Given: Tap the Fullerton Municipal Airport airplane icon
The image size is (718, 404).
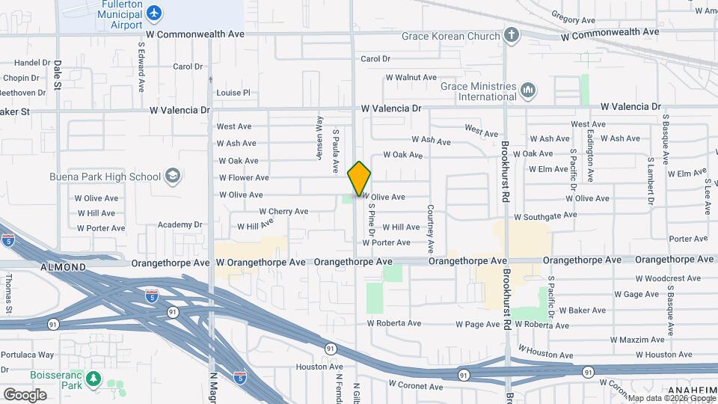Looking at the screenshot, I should (154, 13).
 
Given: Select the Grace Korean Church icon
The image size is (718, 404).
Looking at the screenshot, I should (512, 35).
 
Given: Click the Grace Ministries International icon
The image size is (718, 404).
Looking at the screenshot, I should (528, 91).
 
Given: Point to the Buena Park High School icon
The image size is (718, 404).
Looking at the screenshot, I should (173, 177).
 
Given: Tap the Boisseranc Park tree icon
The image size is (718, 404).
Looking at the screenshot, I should (93, 379).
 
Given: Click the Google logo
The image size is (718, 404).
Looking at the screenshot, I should (25, 395).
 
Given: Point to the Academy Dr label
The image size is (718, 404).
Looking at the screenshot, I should (180, 224).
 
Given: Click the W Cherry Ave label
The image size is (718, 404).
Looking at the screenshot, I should (283, 212).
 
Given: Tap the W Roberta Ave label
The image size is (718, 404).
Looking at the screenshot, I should (394, 324).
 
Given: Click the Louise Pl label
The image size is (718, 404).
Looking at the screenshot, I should (233, 93).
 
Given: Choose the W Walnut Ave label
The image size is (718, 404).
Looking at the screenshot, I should (411, 77).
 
